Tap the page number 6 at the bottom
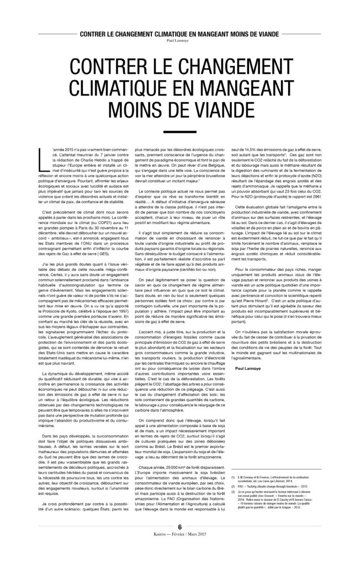coord(179,541)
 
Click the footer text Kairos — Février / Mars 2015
coord(179,550)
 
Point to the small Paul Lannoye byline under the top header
coord(179,40)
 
